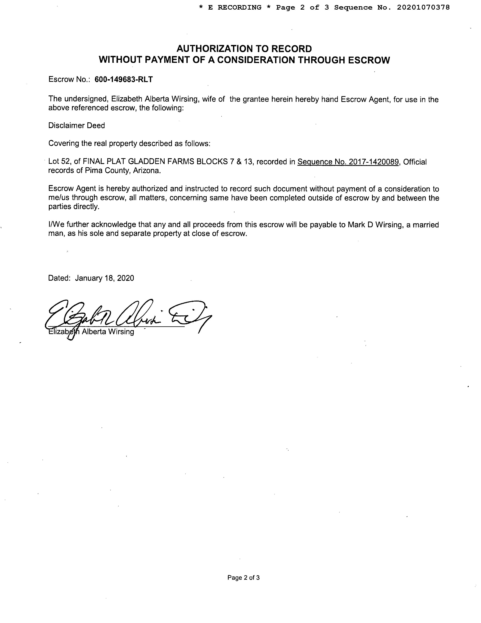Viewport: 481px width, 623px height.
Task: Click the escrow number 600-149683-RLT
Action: coord(123,79)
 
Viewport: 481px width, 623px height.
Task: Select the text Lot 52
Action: coord(59,162)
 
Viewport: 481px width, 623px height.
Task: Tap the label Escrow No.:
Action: coord(69,79)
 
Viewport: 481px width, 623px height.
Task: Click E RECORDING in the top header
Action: coord(234,7)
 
